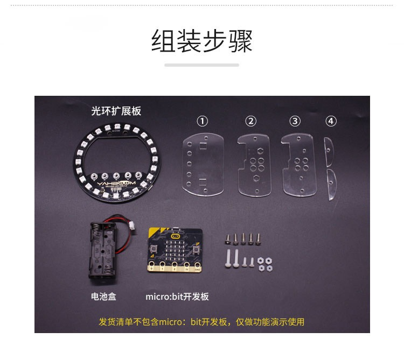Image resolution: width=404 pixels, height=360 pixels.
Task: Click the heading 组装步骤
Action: coord(202,41)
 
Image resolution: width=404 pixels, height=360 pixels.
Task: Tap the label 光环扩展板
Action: coord(116,111)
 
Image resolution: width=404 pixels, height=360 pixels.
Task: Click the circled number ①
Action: coord(202,121)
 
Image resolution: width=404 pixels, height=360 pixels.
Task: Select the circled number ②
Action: coord(250,121)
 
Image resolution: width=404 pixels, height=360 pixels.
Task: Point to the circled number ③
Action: coord(295,121)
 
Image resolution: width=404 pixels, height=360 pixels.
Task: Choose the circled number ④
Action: coord(331,121)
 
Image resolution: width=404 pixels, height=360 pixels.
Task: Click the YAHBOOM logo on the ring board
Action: coord(116,183)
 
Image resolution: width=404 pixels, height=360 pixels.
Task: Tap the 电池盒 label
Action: coord(103,297)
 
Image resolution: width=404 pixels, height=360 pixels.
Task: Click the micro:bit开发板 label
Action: coord(177,297)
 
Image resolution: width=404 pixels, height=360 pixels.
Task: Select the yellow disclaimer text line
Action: coord(201,322)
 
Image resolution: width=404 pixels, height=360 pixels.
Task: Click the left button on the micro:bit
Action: coord(154,248)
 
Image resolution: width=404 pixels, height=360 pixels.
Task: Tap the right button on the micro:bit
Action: coord(196,249)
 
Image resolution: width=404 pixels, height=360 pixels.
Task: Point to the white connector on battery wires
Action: coord(133,226)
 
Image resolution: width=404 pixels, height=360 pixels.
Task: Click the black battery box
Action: coord(102,250)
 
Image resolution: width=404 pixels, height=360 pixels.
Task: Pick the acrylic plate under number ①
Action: coord(203,165)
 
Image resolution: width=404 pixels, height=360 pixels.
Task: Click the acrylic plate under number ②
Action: coord(254,165)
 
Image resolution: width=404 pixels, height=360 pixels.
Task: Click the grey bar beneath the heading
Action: coord(202,65)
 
